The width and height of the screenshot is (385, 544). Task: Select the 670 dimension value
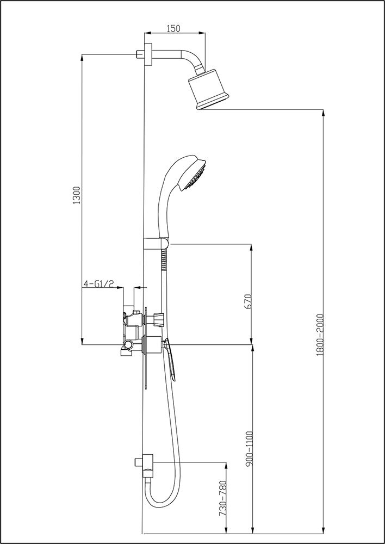(247, 301)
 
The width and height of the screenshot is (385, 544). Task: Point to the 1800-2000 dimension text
(320, 335)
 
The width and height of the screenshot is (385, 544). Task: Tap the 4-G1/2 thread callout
(98, 284)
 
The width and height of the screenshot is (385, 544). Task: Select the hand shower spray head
(190, 173)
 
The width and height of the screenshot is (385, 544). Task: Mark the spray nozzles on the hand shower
(197, 180)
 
